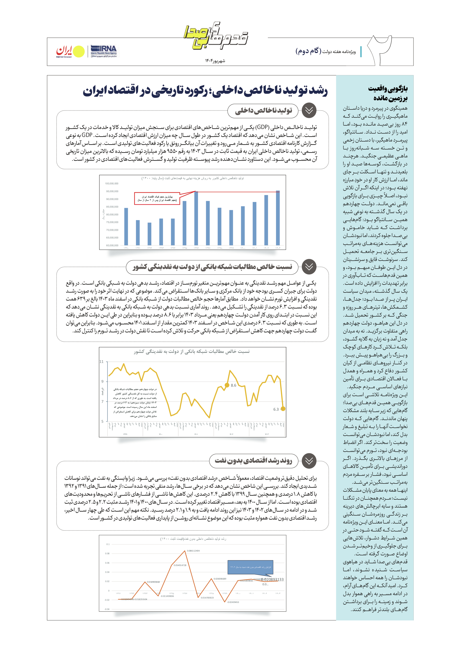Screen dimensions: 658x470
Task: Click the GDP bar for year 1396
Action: coord(196,218)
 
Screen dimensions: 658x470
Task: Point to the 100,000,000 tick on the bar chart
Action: coord(112,183)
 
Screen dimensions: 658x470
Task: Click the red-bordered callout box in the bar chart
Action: coord(157,199)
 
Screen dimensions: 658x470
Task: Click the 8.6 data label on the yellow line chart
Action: coord(233,385)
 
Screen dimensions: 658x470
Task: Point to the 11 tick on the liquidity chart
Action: coord(101,362)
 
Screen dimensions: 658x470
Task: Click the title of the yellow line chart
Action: coord(192,352)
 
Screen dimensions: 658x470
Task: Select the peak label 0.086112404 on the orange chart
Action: coord(193,551)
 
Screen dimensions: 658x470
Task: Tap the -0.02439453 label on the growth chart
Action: coord(233,602)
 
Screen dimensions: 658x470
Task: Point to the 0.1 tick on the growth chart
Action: coord(108,544)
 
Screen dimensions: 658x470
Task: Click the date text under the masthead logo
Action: coord(215,61)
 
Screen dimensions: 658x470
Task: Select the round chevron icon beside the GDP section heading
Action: coord(309,111)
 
